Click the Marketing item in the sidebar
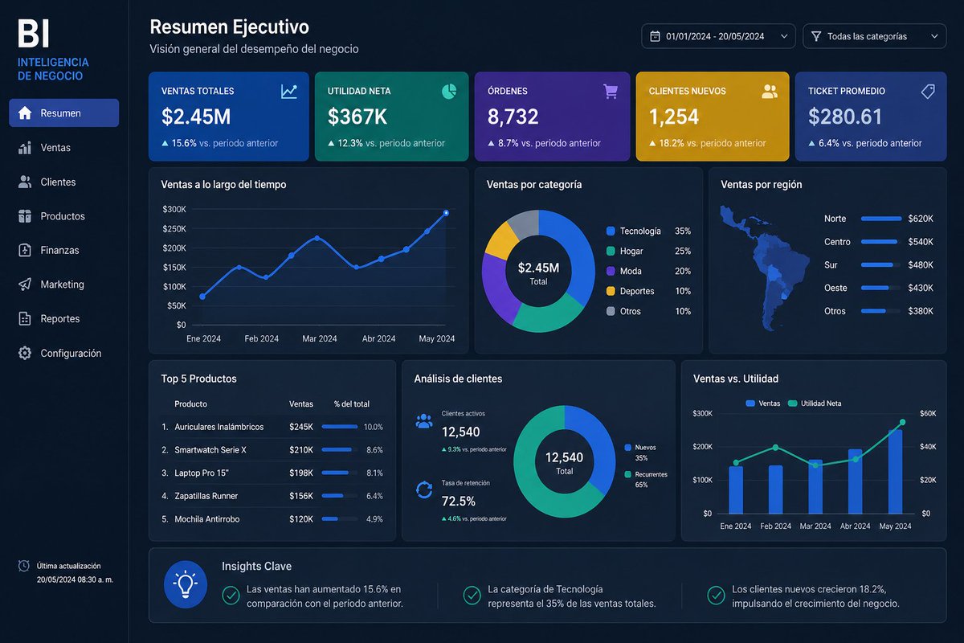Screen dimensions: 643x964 (x=62, y=285)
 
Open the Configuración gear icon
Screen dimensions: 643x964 (x=25, y=353)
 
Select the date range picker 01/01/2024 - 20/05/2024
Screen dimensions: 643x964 (x=717, y=36)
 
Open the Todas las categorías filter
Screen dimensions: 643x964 (x=874, y=36)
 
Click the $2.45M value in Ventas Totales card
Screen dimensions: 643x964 (x=196, y=117)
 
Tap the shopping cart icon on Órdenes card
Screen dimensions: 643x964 (x=611, y=92)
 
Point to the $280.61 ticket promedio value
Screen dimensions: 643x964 (x=845, y=117)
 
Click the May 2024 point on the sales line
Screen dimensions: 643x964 (x=446, y=213)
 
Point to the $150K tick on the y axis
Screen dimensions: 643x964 (x=174, y=267)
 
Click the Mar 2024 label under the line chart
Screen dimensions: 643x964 (x=320, y=338)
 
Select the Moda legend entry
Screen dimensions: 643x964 (x=631, y=271)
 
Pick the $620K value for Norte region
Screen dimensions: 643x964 (x=920, y=219)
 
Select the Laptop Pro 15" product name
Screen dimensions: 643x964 (x=202, y=473)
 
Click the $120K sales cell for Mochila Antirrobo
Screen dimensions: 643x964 (x=300, y=519)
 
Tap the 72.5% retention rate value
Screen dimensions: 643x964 (x=459, y=501)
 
